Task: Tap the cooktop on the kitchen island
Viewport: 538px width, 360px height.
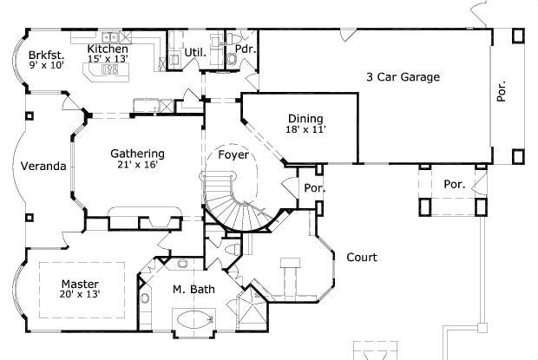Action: [110, 70]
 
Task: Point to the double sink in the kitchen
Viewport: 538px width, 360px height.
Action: [111, 37]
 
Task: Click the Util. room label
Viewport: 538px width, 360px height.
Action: [194, 53]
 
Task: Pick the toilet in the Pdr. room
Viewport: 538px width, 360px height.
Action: [233, 58]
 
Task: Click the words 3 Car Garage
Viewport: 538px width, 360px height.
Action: [402, 77]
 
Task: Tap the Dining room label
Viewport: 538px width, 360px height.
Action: [305, 119]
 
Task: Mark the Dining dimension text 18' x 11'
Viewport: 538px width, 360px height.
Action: [305, 130]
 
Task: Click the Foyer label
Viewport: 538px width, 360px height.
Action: [233, 155]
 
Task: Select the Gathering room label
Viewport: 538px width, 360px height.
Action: [137, 154]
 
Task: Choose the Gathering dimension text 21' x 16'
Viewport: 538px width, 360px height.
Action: [137, 165]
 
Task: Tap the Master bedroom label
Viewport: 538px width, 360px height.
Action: [80, 284]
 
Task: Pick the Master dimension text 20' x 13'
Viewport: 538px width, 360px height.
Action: [80, 295]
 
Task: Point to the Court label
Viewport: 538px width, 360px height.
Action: [360, 257]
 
